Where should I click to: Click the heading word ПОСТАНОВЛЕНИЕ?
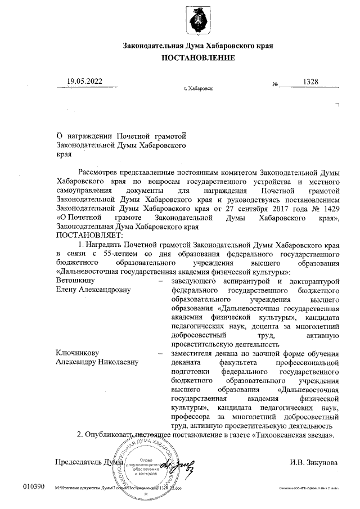click(x=199, y=58)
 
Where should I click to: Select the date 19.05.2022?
click(x=84, y=82)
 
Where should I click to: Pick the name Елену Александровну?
click(x=93, y=290)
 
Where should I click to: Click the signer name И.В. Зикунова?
click(x=314, y=462)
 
